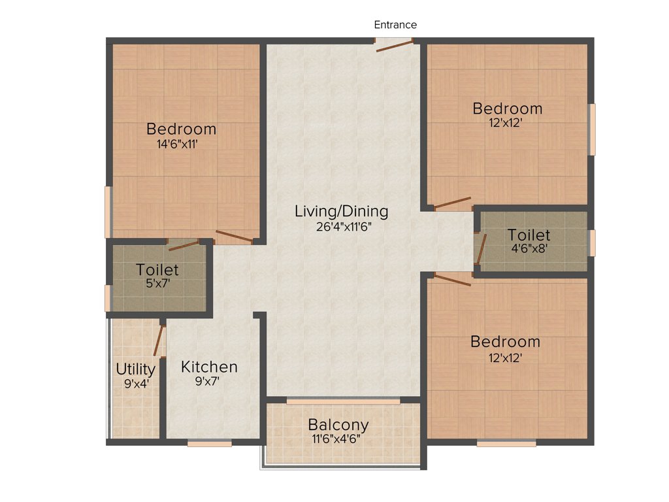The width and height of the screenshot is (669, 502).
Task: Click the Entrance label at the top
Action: (x=395, y=25)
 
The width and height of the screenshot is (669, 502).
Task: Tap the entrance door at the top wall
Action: (x=394, y=44)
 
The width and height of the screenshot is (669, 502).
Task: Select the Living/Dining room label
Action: (x=341, y=212)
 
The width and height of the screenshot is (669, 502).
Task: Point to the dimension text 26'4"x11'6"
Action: (x=341, y=227)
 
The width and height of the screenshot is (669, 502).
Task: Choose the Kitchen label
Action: (x=209, y=367)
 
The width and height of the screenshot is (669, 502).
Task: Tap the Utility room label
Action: (x=135, y=369)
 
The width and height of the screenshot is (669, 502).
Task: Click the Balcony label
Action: (x=338, y=425)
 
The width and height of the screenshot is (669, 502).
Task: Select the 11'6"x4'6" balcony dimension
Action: (x=338, y=439)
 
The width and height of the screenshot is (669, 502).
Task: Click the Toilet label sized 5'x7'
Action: (x=157, y=269)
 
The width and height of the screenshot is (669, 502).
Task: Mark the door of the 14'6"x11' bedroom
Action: (x=234, y=237)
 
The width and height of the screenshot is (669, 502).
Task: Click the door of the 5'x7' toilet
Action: (x=184, y=245)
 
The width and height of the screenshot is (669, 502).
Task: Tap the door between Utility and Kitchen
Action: (x=157, y=340)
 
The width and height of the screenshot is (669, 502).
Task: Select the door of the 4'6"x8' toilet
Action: (x=481, y=249)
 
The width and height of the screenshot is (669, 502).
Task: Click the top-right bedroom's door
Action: (x=452, y=203)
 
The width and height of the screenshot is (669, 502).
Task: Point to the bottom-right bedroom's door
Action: (x=452, y=280)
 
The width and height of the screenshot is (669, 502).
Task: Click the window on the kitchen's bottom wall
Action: (x=210, y=443)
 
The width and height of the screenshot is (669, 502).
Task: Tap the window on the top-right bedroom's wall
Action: (x=592, y=129)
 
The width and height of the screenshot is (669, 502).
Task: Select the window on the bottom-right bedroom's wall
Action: (x=506, y=443)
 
